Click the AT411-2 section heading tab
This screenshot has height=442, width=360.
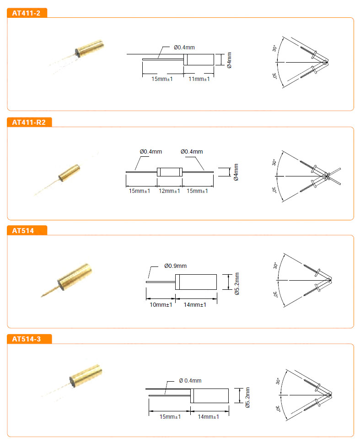pyautogui.click(x=27, y=13)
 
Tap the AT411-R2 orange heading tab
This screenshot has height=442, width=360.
pyautogui.click(x=29, y=122)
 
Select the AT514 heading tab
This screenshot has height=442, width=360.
pyautogui.click(x=27, y=230)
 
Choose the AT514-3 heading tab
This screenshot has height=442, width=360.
pyautogui.click(x=29, y=339)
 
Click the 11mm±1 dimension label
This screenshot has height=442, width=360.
pyautogui.click(x=199, y=79)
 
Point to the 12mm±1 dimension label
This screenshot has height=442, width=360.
pyautogui.click(x=169, y=191)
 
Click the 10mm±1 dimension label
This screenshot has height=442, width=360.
pyautogui.click(x=161, y=305)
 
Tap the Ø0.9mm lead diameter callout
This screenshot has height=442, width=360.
pyautogui.click(x=176, y=266)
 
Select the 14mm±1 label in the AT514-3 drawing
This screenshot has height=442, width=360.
pyautogui.click(x=209, y=416)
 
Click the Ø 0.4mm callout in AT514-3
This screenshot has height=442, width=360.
pyautogui.click(x=190, y=381)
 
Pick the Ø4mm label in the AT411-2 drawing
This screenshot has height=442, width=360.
pyautogui.click(x=229, y=60)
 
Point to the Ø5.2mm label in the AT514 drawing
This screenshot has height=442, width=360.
pyautogui.click(x=237, y=283)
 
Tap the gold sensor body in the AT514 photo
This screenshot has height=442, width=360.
pyautogui.click(x=75, y=277)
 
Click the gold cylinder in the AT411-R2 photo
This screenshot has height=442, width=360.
pyautogui.click(x=69, y=172)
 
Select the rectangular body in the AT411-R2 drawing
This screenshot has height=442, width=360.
pyautogui.click(x=170, y=172)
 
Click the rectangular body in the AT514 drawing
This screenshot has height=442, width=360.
pyautogui.click(x=196, y=282)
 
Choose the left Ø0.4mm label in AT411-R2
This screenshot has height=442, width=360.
pyautogui.click(x=151, y=152)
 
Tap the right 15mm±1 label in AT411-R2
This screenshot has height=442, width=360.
pyautogui.click(x=197, y=191)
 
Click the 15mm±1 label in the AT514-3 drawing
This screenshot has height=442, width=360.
pyautogui.click(x=170, y=416)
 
